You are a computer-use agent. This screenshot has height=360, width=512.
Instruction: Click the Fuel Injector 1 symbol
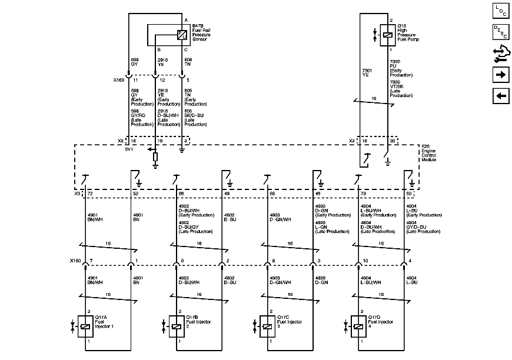point(85,326)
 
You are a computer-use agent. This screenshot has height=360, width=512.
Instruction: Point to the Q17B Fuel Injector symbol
point(176,326)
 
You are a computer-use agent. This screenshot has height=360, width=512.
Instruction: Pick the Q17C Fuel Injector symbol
point(267,326)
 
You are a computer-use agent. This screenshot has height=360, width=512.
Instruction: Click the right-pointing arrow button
point(501,75)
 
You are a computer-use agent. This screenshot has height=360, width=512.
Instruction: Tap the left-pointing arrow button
point(501,96)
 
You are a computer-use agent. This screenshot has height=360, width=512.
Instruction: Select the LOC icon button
point(501,10)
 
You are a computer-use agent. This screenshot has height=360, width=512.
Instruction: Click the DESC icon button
point(501,32)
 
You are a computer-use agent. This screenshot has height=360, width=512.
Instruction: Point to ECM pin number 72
point(90,194)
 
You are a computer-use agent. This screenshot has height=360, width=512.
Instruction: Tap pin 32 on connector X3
point(391,142)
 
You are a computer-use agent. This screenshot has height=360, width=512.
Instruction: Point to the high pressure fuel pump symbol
point(388,35)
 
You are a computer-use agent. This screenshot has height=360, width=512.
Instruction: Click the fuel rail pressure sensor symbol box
point(182,35)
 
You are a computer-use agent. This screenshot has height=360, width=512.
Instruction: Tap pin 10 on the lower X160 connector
point(365,260)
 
